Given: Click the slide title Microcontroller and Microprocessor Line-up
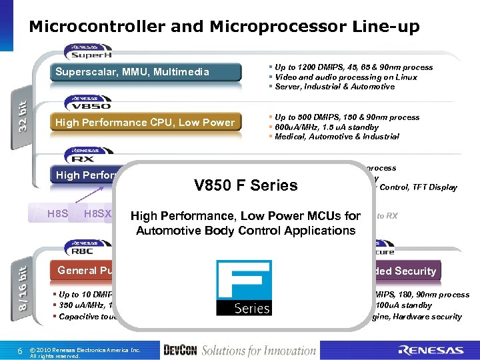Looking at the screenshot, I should coord(224,27).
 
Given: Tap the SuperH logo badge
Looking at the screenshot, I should coord(88,51).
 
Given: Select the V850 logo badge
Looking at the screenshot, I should coord(88,103).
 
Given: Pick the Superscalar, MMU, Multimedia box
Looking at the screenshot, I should coord(146,72).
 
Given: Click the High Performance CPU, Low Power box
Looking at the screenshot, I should coord(146,123).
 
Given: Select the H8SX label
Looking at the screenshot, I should coord(98,214).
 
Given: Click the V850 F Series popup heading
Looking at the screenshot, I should coord(246,185).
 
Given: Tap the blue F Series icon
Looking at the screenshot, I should coord(243,287).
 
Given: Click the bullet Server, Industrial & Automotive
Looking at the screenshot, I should coord(333,87).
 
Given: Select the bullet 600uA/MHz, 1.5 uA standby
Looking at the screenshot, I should coord(326,127).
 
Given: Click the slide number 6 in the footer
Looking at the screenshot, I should coord(21,350).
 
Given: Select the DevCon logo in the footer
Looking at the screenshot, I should coord(178,350).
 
